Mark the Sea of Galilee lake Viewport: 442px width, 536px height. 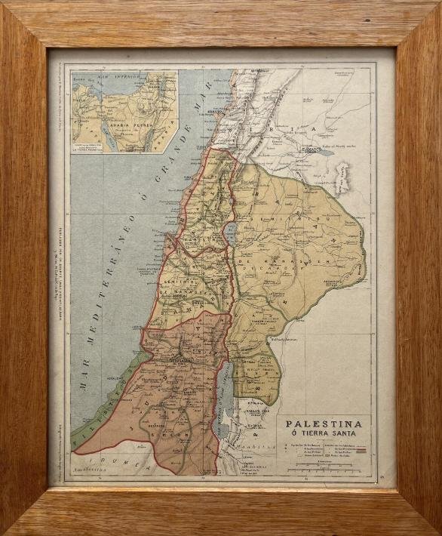(229, 234)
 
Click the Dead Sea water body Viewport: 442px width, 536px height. (225, 400)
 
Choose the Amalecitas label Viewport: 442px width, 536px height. (86, 472)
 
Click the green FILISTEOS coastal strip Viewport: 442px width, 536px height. (98, 408)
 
